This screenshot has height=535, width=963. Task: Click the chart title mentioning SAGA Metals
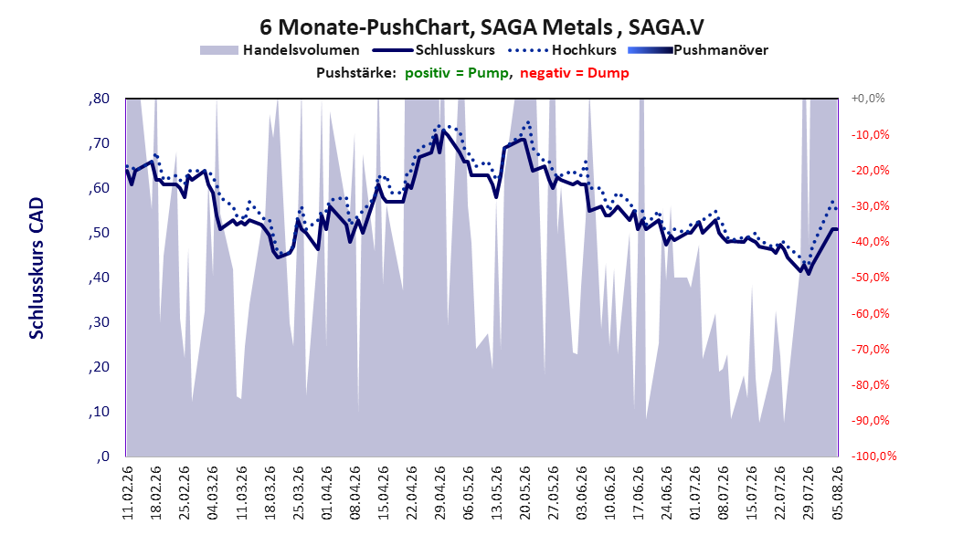481,27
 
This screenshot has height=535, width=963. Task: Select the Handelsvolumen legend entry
280,50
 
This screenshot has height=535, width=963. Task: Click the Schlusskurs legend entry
434,50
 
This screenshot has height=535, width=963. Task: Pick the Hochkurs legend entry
562,50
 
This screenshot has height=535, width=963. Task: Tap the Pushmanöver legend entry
698,50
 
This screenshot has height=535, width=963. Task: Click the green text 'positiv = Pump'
457,73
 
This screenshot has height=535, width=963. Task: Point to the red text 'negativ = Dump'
575,73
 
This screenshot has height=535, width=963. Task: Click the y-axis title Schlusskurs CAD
37,268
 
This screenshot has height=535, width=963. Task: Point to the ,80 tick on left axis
99,99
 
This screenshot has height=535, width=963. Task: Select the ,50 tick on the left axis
99,233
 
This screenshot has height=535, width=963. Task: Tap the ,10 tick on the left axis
99,412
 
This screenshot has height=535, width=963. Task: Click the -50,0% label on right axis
870,278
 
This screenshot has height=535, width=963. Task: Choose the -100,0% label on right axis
873,456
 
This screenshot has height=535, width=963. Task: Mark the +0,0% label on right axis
868,99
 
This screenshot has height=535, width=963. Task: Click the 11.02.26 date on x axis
128,493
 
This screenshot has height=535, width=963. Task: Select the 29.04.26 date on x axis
439,493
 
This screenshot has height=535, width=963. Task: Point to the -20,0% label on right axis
870,170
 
